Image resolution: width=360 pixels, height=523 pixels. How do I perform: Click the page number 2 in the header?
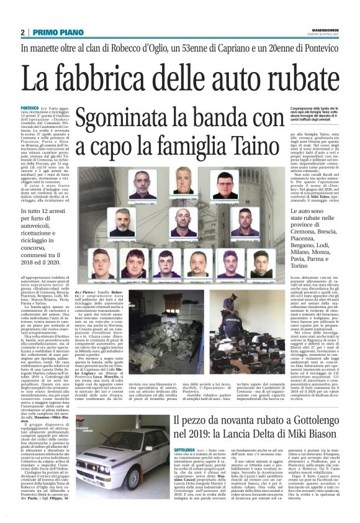click(x=22, y=32)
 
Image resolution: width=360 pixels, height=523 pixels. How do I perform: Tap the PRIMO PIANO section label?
click(x=55, y=32)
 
